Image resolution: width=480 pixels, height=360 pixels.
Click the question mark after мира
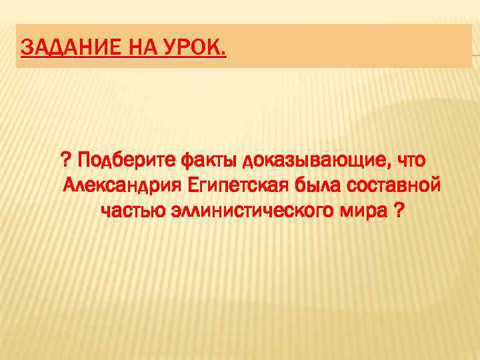point(398,211)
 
